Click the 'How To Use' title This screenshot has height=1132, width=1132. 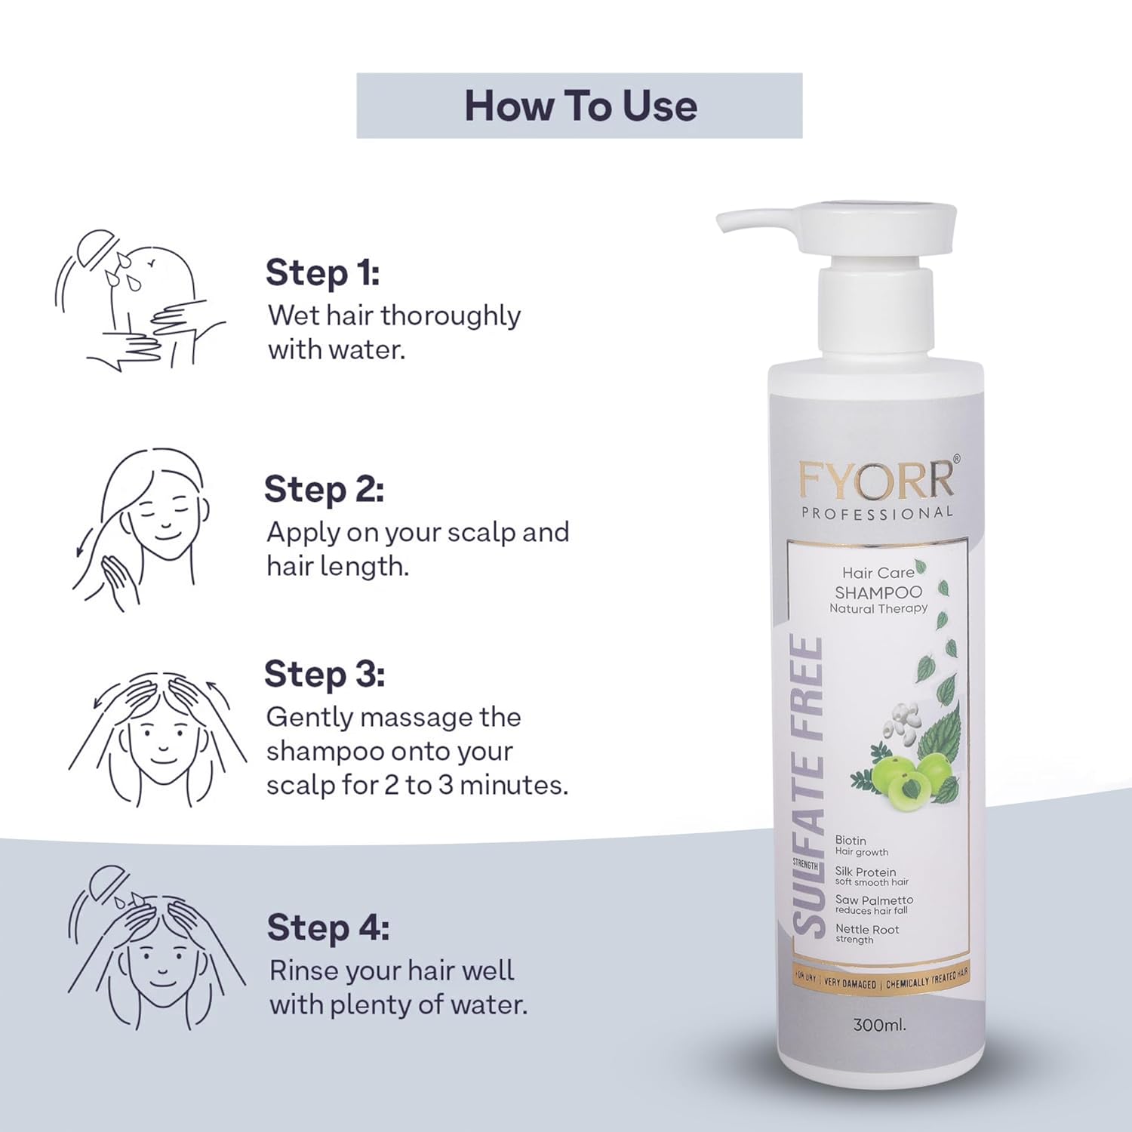pyautogui.click(x=580, y=106)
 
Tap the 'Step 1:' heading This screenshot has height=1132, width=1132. pyautogui.click(x=322, y=272)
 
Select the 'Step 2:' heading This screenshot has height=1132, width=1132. pyautogui.click(x=324, y=489)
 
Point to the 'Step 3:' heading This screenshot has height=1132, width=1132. pyautogui.click(x=324, y=674)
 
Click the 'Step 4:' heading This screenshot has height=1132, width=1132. pyautogui.click(x=328, y=927)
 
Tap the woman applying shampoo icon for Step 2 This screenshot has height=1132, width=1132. pyautogui.click(x=143, y=528)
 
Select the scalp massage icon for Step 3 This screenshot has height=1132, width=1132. pyautogui.click(x=157, y=740)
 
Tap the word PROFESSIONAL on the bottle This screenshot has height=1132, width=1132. pyautogui.click(x=877, y=513)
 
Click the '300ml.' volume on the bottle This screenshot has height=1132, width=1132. pyautogui.click(x=879, y=1025)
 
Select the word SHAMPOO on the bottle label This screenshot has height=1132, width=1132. pyautogui.click(x=878, y=592)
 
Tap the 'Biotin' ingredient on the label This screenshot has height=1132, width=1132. pyautogui.click(x=851, y=840)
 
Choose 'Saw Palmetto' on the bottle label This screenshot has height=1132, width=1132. pyautogui.click(x=874, y=900)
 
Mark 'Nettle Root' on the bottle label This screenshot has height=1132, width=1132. pyautogui.click(x=867, y=929)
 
